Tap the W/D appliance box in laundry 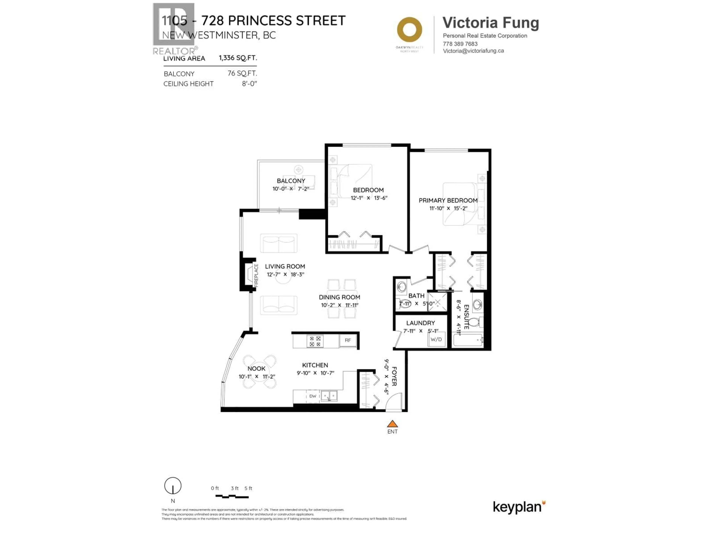(436, 339)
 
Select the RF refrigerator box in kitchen (348, 340)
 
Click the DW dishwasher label (312, 396)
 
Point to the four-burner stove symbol (315, 341)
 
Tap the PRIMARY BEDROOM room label (448, 200)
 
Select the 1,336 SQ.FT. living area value (238, 58)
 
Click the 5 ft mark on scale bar (248, 488)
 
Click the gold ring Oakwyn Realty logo (409, 30)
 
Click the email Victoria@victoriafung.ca (473, 51)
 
